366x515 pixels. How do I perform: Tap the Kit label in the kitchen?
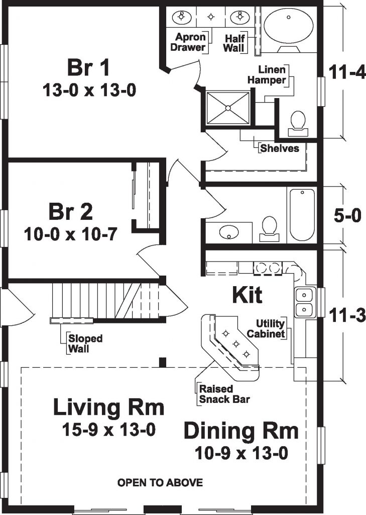pos(247,296)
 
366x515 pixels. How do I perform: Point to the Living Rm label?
pos(109,407)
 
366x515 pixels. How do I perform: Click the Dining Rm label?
pos(241,431)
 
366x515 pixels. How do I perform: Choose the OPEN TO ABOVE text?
pos(160,483)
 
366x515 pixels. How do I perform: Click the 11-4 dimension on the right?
pos(347,72)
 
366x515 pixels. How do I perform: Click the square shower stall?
pos(228,107)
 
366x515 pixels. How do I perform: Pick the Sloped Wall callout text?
pos(85,344)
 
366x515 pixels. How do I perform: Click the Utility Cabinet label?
pos(270,328)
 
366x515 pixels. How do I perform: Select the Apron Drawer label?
pos(190,42)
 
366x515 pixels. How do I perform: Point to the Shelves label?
pos(279,148)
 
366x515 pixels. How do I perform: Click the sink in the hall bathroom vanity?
pos(230,232)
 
